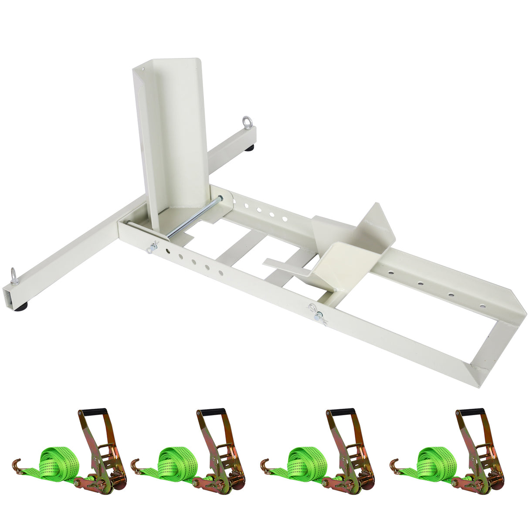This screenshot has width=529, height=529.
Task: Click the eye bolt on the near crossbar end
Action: pyautogui.click(x=14, y=276)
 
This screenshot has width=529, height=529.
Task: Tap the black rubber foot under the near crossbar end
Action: pyautogui.click(x=20, y=307)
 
